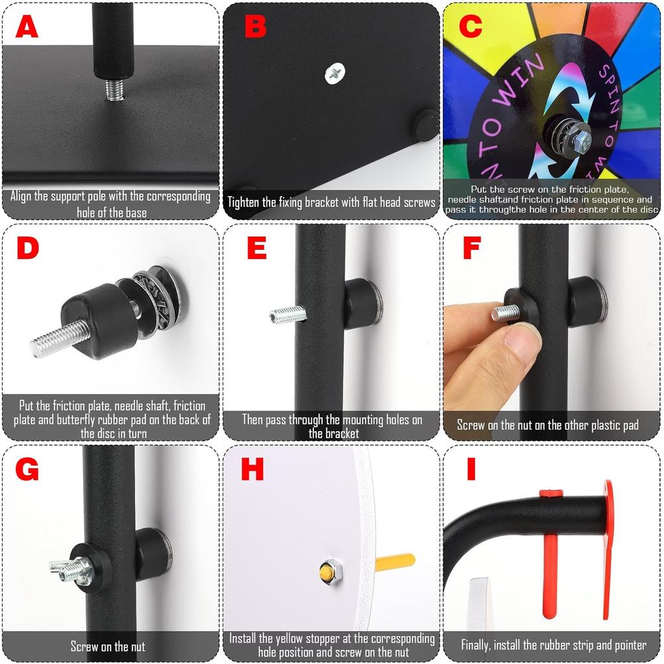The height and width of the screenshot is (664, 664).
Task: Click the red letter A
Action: (x=27, y=27)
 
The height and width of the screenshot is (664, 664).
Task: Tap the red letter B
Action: (x=255, y=27)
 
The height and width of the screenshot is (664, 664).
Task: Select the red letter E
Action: (x=257, y=247)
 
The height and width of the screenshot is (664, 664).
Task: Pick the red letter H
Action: (x=252, y=468)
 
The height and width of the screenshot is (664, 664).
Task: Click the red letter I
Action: (x=471, y=468)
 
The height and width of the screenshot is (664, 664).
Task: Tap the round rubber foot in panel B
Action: (x=426, y=125)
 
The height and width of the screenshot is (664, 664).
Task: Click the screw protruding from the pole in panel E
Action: (x=287, y=315)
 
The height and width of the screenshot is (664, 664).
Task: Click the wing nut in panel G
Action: (x=71, y=569)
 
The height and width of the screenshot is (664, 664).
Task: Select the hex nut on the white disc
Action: (x=329, y=572)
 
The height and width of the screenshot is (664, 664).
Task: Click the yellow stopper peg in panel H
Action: (x=394, y=561)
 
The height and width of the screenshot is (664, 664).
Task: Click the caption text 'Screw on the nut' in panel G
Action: (x=108, y=646)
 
